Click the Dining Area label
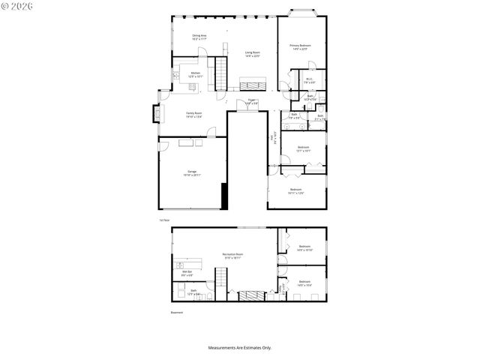tap(199, 37)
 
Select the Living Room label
tap(252, 54)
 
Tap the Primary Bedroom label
tap(301, 46)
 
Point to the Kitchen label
tap(195, 74)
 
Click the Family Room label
tap(193, 115)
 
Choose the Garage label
tap(192, 173)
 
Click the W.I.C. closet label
tap(309, 80)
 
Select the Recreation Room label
tap(232, 256)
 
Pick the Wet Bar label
tap(187, 274)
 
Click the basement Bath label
tap(193, 292)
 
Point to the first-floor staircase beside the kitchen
tap(220, 73)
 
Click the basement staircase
tap(221, 285)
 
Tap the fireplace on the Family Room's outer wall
tap(156, 114)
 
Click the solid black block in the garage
tap(223, 196)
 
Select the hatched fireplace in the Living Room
tap(250, 82)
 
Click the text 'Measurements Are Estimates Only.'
tap(239, 347)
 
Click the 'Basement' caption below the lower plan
tap(175, 312)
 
